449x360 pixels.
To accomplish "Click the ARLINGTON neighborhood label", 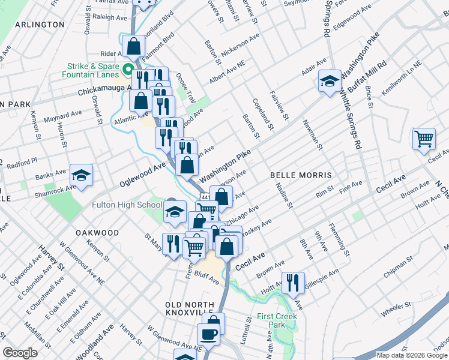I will (39, 25).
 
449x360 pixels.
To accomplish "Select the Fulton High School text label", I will (127, 205).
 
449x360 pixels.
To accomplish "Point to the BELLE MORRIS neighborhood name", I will (301, 175).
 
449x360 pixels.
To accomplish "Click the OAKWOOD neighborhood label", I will (97, 232).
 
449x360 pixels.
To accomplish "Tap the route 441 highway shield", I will (205, 197).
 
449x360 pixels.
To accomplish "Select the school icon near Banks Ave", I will (81, 175).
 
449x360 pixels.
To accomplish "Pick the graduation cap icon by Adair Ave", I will (329, 80).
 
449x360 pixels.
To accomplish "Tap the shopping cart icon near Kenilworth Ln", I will (424, 138).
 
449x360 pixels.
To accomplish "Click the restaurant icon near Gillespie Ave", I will (293, 282).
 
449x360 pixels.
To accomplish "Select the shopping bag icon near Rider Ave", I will (133, 45).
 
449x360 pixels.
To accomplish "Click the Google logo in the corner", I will (20, 352).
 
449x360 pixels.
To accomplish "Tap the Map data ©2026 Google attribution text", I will (411, 355).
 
